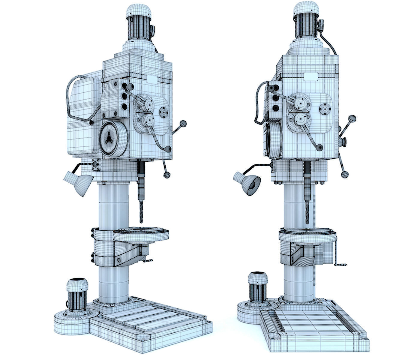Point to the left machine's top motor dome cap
coord(138,10)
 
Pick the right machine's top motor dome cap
coord(306,9)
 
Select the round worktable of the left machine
coord(141,234)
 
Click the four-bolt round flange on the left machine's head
coord(164,112)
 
